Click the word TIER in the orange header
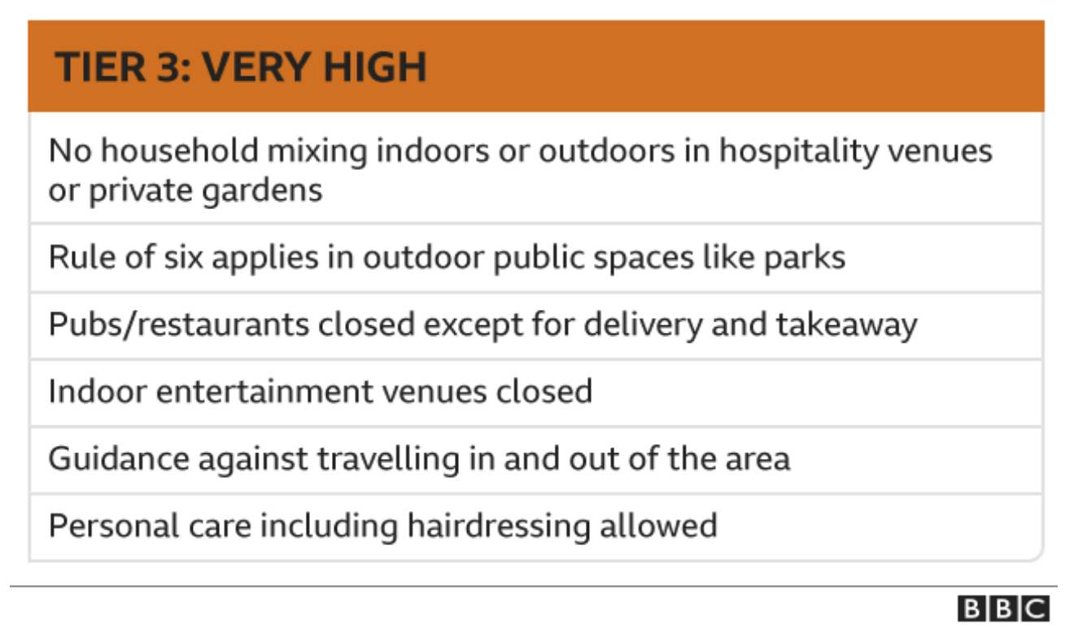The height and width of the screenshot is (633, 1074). coord(100,67)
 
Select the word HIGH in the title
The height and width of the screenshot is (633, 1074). coord(375,67)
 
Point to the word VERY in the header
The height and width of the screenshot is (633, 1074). coord(257,67)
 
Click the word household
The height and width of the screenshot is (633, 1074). coord(180,151)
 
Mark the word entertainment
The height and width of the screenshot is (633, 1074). coord(264,392)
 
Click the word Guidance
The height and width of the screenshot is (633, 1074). coord(120,459)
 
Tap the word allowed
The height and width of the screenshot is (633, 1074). coord(658,526)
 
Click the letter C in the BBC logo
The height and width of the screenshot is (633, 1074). coord(1036,609)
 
